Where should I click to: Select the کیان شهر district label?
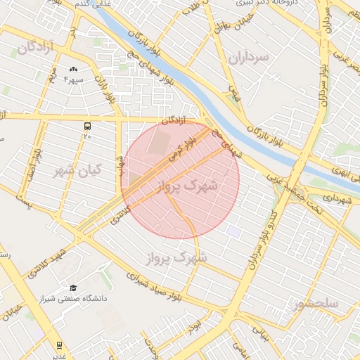tap(77, 170)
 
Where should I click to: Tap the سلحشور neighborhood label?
tap(316, 304)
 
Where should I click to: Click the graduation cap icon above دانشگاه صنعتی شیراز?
tap(73, 288)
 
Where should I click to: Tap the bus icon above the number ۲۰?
tap(88, 127)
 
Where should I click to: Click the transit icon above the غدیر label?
tap(59, 345)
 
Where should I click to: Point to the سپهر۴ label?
tap(74, 79)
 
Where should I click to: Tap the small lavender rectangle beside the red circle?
tap(233, 231)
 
